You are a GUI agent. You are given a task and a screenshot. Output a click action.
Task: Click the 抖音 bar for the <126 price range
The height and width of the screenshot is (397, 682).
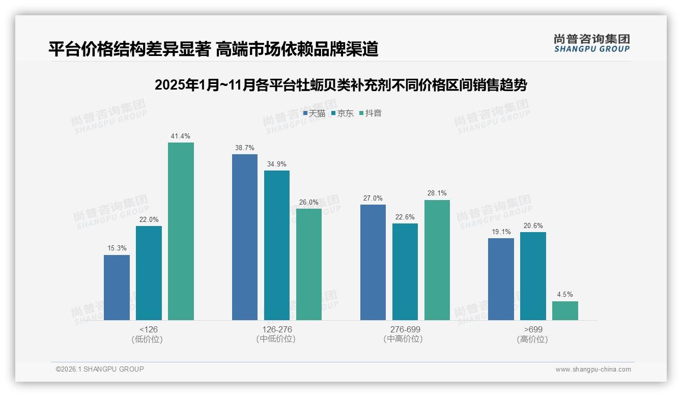click(181, 231)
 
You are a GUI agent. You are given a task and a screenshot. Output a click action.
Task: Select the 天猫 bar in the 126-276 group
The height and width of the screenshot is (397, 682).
click(245, 237)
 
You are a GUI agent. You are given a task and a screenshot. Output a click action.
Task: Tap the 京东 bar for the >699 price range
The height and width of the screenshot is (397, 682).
click(533, 276)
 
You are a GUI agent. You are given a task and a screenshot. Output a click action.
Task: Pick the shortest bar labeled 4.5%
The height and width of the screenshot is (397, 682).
click(565, 310)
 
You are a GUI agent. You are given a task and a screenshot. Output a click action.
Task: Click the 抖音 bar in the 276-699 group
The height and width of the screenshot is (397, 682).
click(437, 260)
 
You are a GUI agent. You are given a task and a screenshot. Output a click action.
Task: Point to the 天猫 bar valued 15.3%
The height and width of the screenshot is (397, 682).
click(117, 288)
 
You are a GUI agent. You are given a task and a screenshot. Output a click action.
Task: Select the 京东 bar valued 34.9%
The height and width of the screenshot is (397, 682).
click(277, 245)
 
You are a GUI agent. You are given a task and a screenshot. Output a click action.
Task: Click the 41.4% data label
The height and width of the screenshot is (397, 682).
click(181, 136)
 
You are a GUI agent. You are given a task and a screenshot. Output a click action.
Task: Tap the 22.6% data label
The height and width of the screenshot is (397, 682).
click(405, 217)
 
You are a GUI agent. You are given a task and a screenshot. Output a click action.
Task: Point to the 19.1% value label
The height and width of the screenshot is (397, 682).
click(501, 232)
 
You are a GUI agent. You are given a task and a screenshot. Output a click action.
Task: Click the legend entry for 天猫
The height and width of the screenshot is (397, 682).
click(314, 114)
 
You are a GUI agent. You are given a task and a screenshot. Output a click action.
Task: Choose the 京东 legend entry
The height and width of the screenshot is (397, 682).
click(342, 114)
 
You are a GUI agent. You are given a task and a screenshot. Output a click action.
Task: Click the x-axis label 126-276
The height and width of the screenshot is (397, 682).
click(277, 330)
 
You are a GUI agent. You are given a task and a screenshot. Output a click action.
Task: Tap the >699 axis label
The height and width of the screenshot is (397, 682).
click(532, 330)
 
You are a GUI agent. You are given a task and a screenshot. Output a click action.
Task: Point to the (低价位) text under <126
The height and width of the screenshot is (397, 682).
click(148, 339)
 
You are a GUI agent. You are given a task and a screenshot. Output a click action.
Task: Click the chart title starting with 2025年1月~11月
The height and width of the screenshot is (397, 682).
click(340, 85)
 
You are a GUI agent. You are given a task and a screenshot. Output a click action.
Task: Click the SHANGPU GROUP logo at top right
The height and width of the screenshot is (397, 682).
click(591, 43)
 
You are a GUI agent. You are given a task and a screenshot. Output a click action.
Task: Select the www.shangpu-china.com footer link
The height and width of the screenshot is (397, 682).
click(593, 370)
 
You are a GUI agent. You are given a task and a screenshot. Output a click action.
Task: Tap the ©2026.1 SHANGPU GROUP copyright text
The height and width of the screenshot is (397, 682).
click(100, 369)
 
